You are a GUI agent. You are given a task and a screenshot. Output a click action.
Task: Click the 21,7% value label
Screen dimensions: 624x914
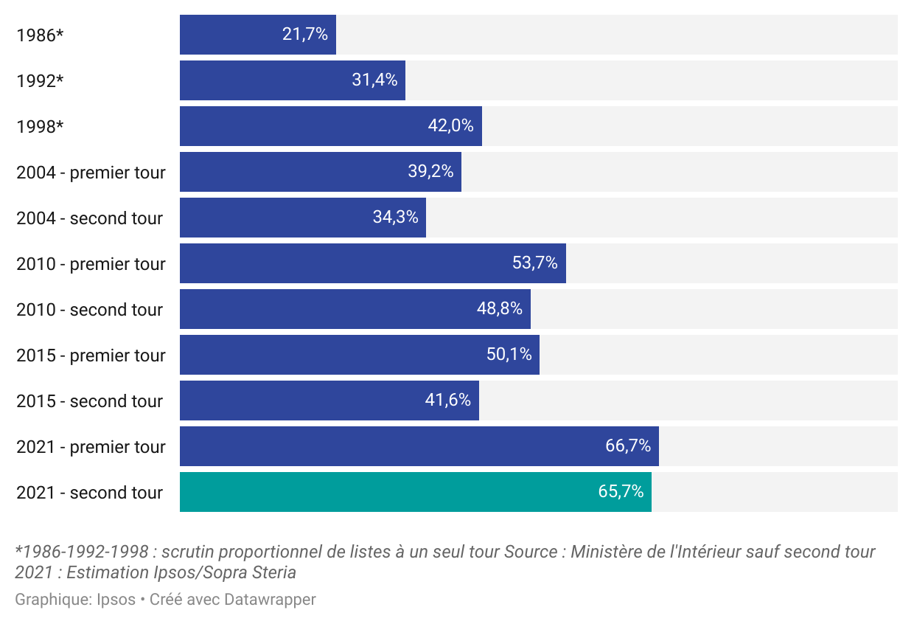click(x=305, y=35)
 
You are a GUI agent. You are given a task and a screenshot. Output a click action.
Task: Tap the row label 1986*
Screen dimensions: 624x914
click(x=40, y=35)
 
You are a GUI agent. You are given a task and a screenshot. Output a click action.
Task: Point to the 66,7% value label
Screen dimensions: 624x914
click(x=628, y=446)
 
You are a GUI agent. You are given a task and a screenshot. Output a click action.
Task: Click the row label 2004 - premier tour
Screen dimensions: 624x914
click(x=91, y=173)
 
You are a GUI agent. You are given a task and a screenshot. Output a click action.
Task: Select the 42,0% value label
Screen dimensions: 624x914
click(x=450, y=126)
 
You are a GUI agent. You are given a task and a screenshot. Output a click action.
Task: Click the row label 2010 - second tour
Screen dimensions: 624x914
click(x=89, y=310)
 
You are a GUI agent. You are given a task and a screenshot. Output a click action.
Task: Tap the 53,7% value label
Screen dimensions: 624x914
click(x=535, y=263)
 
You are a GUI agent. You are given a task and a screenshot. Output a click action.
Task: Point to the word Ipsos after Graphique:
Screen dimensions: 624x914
click(x=116, y=600)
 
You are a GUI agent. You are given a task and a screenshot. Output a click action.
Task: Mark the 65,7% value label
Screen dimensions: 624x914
click(x=621, y=492)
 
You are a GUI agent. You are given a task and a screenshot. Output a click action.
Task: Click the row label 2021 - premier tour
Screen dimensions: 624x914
click(x=91, y=447)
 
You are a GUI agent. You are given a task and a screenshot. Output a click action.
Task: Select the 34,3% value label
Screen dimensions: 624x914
click(x=395, y=218)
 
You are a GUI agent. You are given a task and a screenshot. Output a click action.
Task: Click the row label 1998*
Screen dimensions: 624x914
click(x=40, y=126)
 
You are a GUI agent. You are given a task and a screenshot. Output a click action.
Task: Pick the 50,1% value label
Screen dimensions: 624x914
click(x=509, y=355)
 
